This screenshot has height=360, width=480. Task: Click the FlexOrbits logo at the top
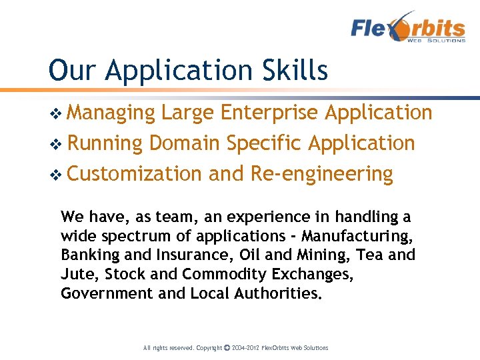[408, 28]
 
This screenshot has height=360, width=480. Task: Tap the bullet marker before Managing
[56, 114]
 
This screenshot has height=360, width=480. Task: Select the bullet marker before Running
[56, 144]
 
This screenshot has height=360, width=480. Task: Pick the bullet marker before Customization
[56, 175]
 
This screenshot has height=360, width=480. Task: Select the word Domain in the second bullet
[185, 143]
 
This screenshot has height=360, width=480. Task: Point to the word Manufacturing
[357, 236]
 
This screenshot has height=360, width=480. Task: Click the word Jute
[74, 275]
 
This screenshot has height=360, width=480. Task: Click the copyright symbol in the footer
[227, 348]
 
